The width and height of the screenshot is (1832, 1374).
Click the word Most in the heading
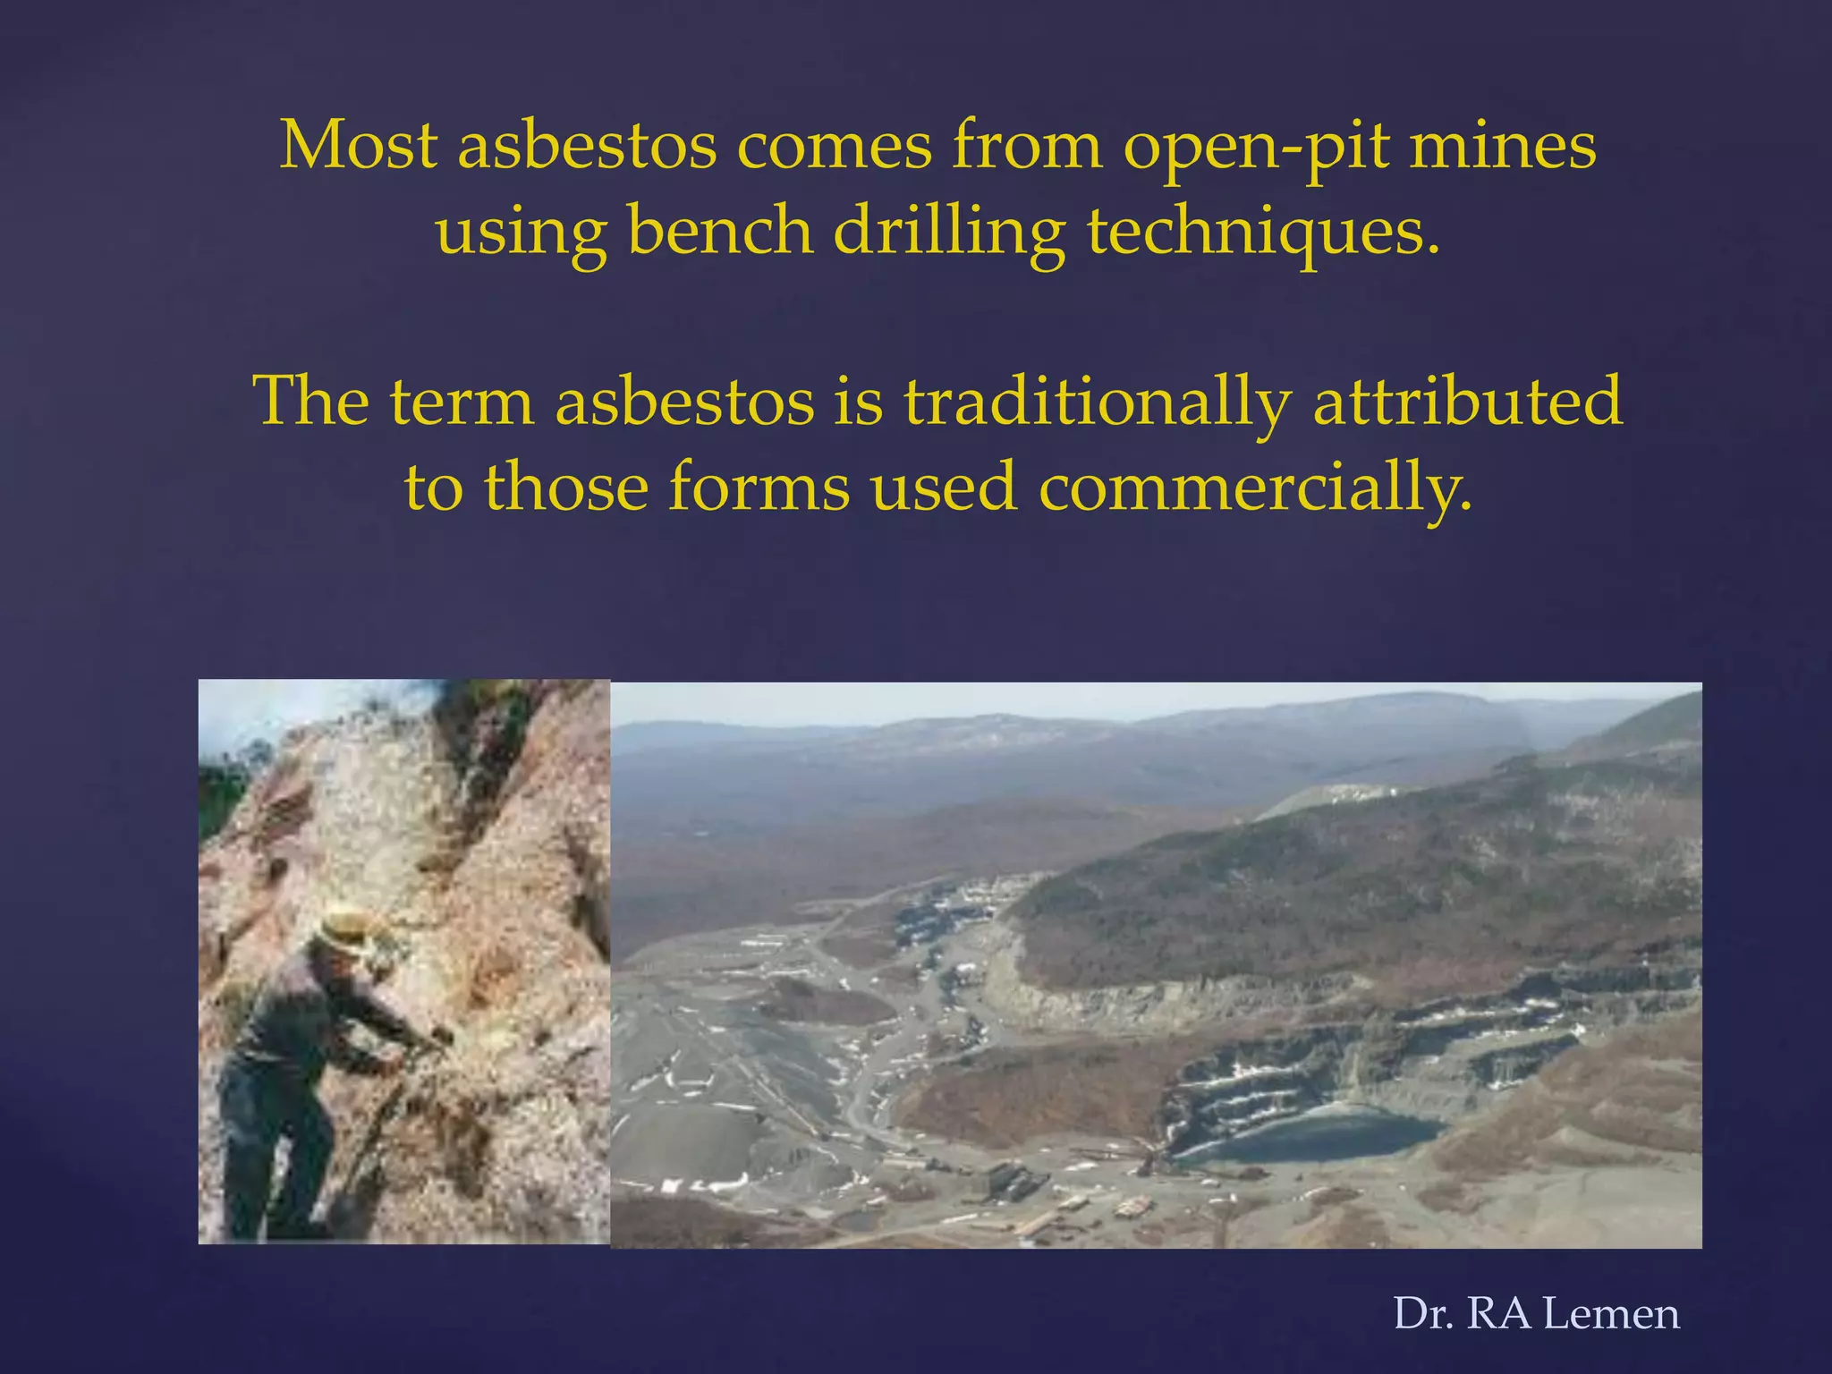(x=358, y=145)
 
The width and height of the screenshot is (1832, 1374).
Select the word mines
(x=1503, y=145)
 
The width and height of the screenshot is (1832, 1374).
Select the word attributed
(x=1467, y=401)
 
